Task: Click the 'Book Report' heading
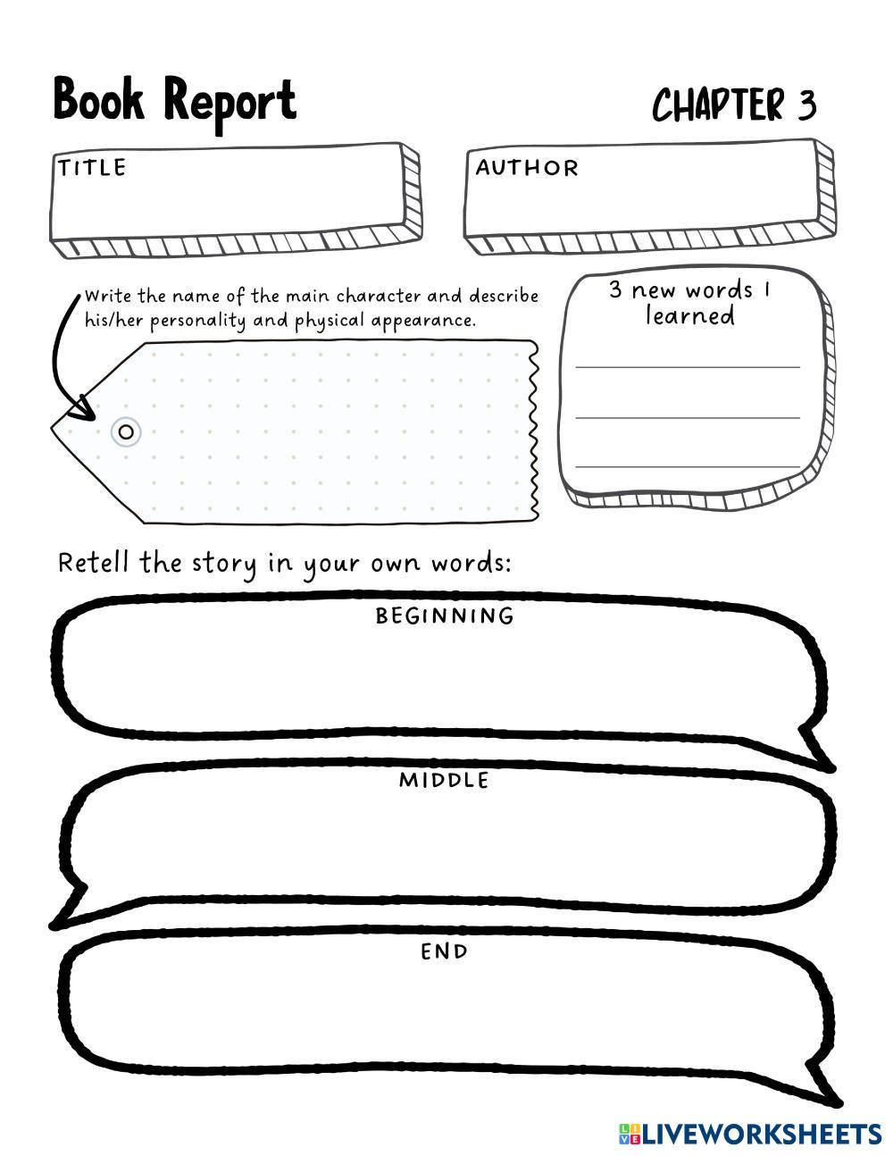174,100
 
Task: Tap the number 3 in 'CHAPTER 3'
806,105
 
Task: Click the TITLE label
92,167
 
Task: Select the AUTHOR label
526,167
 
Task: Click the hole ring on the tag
126,432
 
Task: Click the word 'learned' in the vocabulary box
690,315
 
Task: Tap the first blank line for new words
688,366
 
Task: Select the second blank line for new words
688,417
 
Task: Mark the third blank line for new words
688,466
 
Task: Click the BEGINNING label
445,616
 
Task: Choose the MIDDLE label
444,780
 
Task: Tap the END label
444,951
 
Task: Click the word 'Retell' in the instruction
93,563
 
